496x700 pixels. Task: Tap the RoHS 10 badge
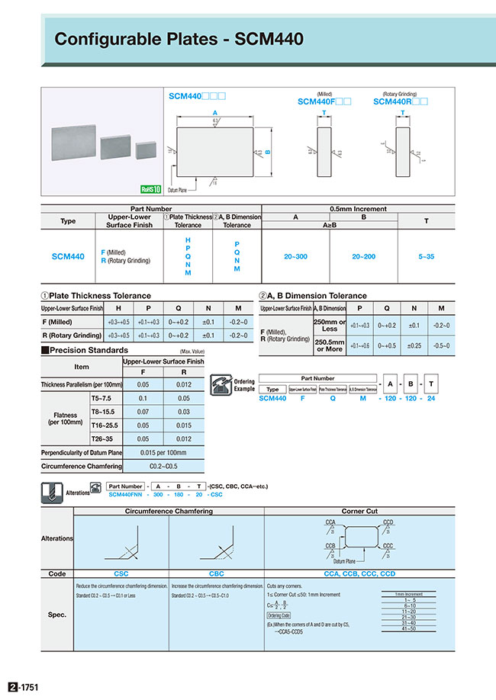151,190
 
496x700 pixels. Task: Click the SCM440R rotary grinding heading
401,101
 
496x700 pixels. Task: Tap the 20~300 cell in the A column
295,257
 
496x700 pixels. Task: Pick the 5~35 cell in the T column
426,257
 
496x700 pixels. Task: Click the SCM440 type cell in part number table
68,257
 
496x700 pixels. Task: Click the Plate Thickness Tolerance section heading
99,296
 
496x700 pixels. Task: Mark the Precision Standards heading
89,350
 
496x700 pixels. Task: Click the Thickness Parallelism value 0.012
184,385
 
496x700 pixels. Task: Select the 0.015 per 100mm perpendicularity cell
163,452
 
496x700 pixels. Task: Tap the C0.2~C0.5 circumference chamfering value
163,465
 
